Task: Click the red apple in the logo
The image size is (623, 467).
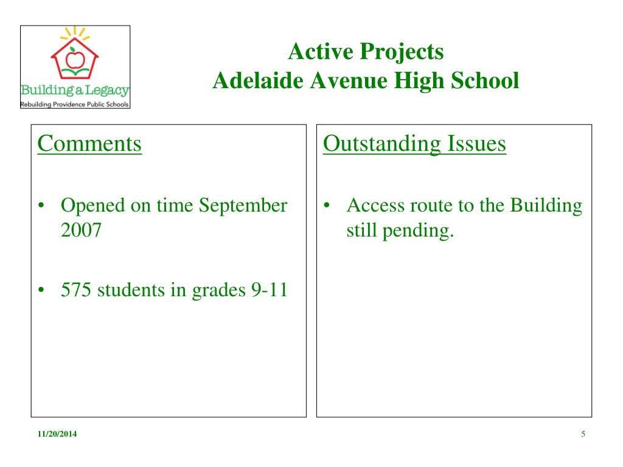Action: tap(75, 59)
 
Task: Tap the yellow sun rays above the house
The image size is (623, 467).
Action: tap(75, 33)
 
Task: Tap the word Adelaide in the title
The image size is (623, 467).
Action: tap(258, 81)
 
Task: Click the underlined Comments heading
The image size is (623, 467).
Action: tap(89, 144)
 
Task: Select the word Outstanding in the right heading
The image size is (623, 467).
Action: tap(382, 145)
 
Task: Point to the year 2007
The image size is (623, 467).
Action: tap(81, 230)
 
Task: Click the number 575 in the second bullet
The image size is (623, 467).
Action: tap(76, 289)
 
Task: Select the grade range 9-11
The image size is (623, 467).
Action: tap(270, 289)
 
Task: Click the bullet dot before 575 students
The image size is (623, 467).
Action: tap(41, 290)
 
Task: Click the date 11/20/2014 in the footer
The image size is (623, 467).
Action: tap(57, 434)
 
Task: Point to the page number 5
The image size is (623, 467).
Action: tap(583, 434)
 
